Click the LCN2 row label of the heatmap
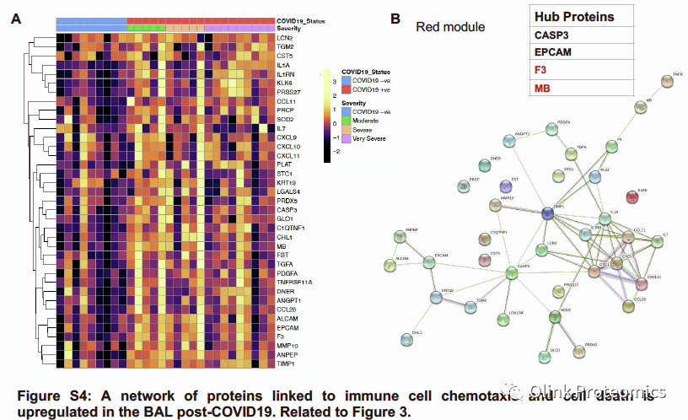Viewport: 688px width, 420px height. tap(284, 38)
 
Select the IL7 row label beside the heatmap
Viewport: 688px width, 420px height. tap(280, 128)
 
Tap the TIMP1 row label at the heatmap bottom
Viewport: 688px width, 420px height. tap(285, 363)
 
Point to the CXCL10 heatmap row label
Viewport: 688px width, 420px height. tap(288, 146)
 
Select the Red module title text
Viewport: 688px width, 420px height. tap(450, 27)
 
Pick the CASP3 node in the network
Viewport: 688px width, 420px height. tap(511, 272)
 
